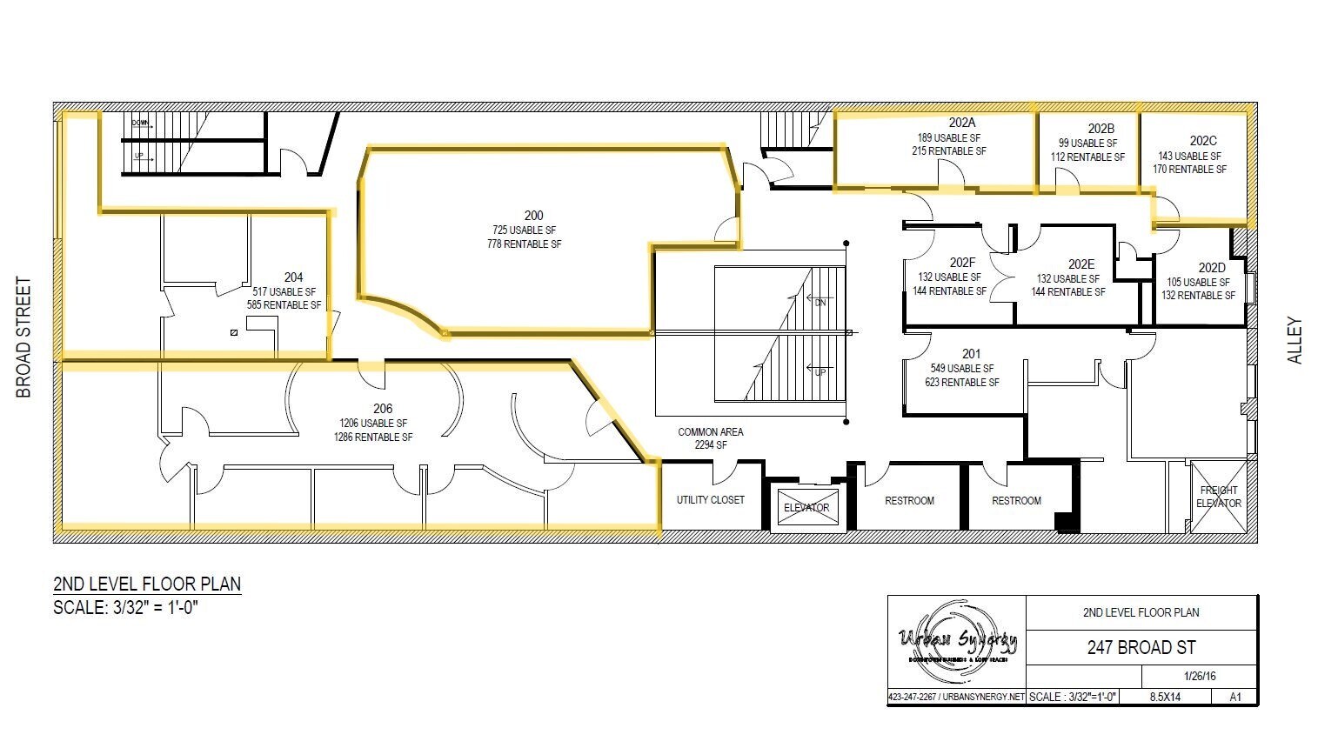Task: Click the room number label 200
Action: [x=533, y=216]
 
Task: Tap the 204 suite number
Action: [x=293, y=277]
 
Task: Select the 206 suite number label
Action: [x=383, y=409]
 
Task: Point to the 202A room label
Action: [x=962, y=123]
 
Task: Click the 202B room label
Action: [x=1101, y=129]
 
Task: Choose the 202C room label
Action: [x=1203, y=141]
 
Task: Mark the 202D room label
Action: [x=1211, y=268]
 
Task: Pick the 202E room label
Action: [x=1081, y=264]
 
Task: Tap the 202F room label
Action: [x=962, y=263]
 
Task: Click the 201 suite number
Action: [x=971, y=354]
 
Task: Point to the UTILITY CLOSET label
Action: [x=711, y=500]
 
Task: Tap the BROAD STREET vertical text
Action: [x=23, y=337]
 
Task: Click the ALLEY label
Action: [x=1295, y=340]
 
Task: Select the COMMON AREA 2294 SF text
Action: [x=711, y=438]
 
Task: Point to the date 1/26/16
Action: [x=1199, y=676]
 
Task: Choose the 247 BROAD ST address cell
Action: [x=1141, y=648]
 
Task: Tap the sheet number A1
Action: [x=1235, y=697]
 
